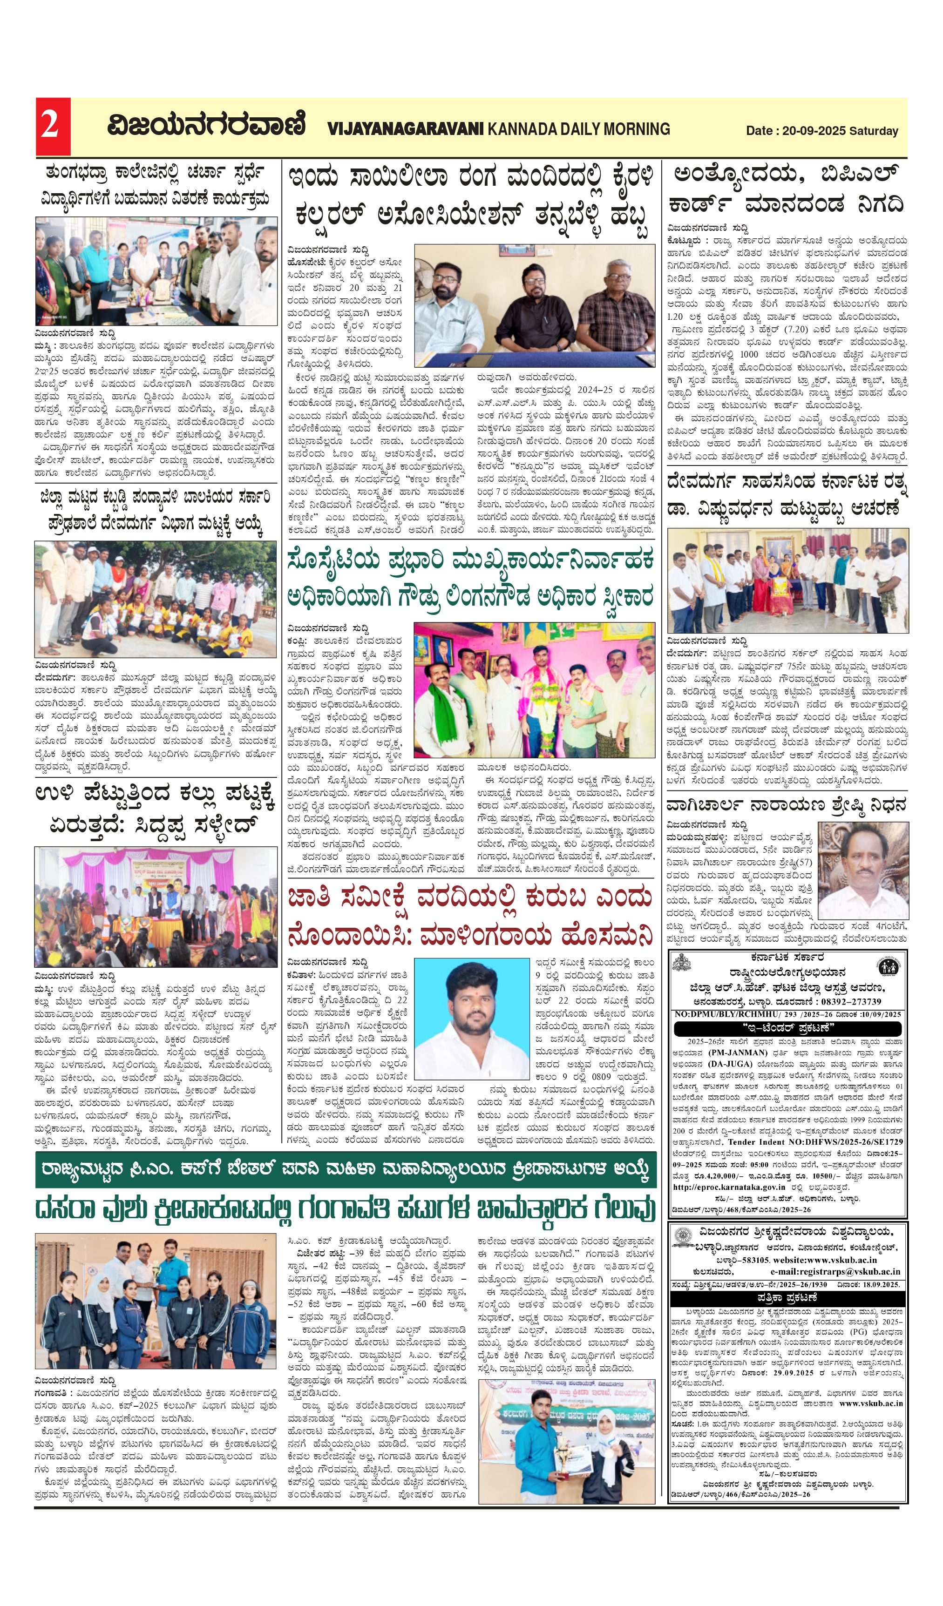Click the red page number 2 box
pyautogui.click(x=52, y=126)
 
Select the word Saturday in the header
pyautogui.click(x=874, y=131)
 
